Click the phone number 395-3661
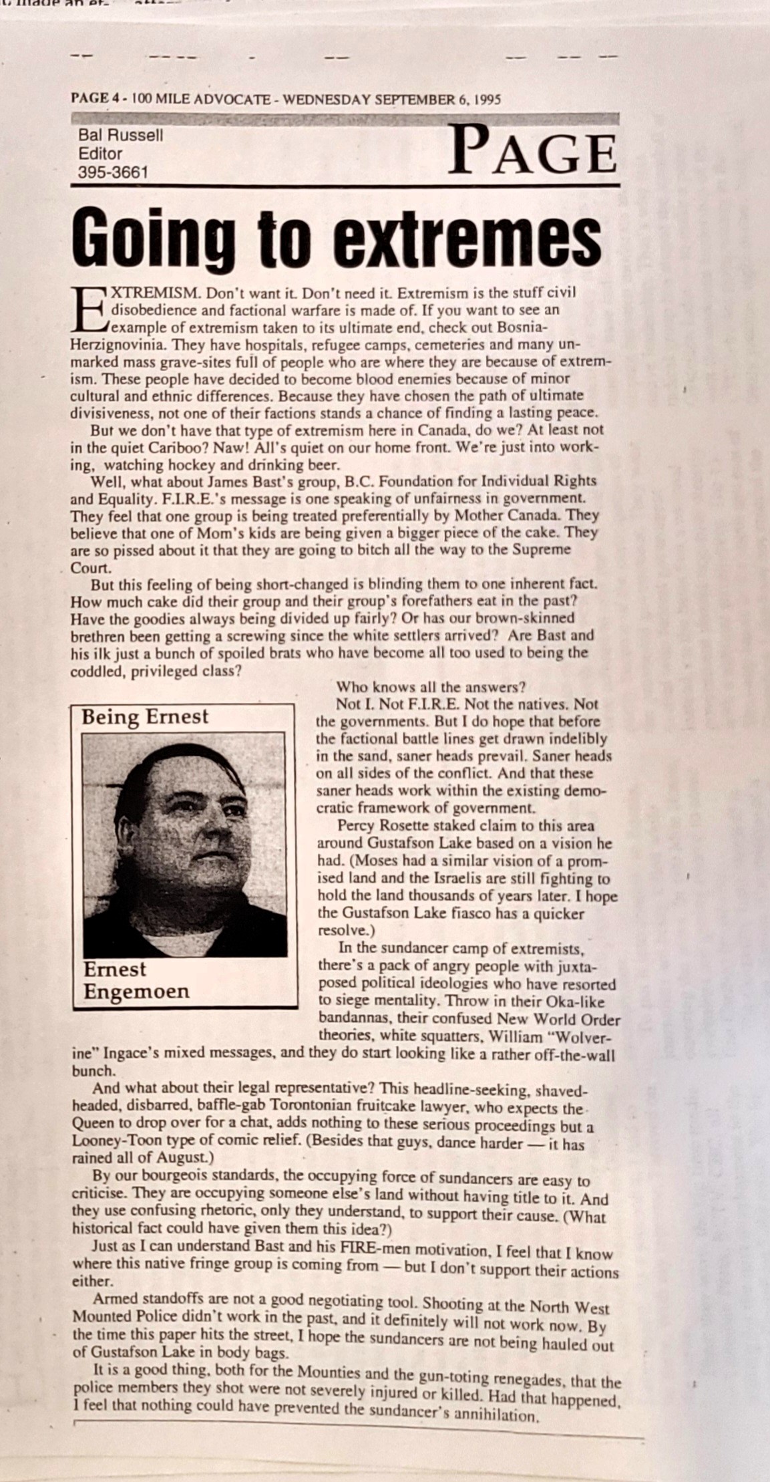click(x=113, y=172)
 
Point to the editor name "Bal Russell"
click(x=121, y=136)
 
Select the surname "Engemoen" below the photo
click(x=136, y=991)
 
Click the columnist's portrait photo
click(x=184, y=845)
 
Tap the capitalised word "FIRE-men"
click(x=367, y=1247)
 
